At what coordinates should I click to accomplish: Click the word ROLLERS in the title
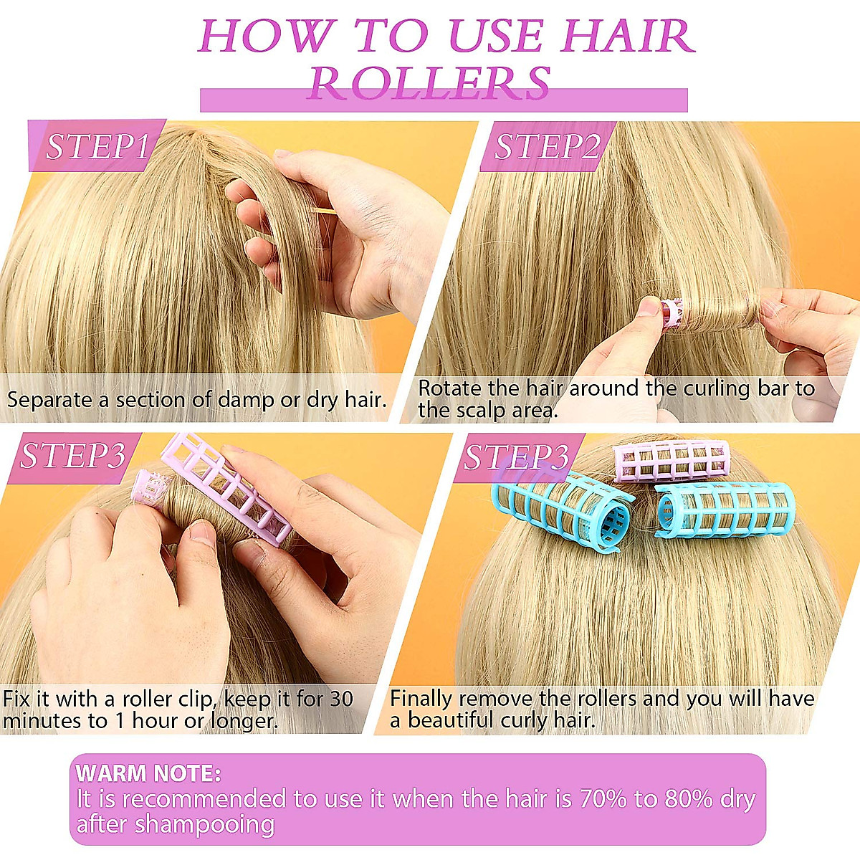click(x=429, y=85)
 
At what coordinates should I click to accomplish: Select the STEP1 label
click(x=97, y=147)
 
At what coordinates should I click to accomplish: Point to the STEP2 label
click(x=546, y=147)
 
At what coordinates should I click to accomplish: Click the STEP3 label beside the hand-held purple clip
click(x=73, y=456)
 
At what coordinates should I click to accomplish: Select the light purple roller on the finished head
click(x=672, y=460)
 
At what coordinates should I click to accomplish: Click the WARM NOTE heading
click(x=148, y=773)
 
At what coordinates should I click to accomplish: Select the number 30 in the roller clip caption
click(x=341, y=699)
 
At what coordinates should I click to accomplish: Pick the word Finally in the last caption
click(x=421, y=699)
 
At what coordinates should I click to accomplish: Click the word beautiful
click(x=449, y=720)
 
